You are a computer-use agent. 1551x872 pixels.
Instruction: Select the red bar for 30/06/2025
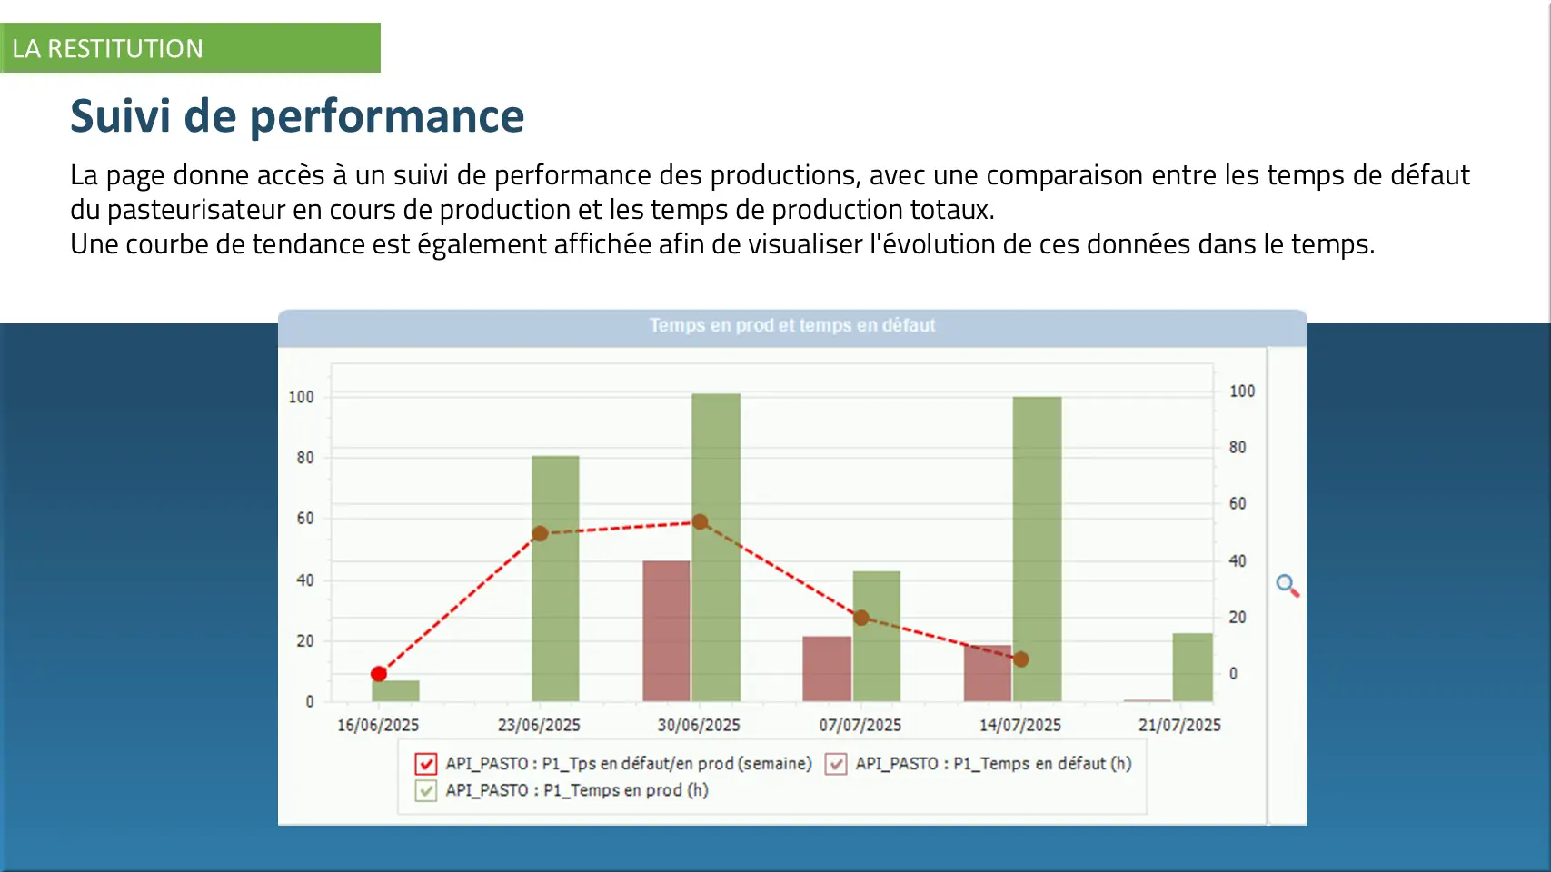[x=666, y=630]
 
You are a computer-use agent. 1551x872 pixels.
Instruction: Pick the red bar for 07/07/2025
[x=826, y=669]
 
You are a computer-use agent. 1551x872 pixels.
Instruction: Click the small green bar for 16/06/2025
[x=395, y=690]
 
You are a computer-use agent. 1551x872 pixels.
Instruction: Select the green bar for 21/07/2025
[x=1192, y=667]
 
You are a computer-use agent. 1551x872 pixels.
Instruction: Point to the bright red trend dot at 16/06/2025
[x=379, y=674]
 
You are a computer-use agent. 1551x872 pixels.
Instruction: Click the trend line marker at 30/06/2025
[x=700, y=522]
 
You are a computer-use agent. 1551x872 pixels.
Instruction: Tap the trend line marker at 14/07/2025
[x=1020, y=659]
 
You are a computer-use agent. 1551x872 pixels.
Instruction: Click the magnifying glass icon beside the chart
[x=1287, y=585]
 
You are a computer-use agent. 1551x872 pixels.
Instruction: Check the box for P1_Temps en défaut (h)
[x=836, y=764]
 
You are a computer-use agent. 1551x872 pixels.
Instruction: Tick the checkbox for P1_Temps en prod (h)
[x=425, y=790]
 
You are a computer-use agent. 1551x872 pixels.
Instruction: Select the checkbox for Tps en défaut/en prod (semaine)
[x=425, y=764]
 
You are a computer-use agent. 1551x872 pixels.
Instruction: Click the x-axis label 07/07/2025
[x=860, y=725]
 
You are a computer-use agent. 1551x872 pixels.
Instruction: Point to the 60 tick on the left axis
[x=305, y=519]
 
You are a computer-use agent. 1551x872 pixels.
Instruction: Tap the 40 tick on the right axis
[x=1237, y=561]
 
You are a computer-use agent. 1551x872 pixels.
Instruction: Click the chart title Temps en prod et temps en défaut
[x=791, y=325]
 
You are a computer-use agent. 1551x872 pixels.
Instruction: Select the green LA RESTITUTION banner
[x=190, y=48]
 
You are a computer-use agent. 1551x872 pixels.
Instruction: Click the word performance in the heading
[x=386, y=116]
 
